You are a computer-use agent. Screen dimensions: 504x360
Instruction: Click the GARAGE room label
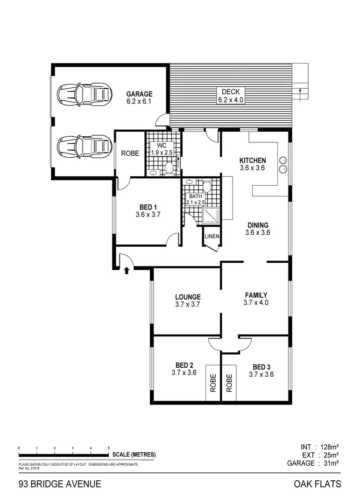click(139, 94)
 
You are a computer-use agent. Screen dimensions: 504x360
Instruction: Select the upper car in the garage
click(85, 95)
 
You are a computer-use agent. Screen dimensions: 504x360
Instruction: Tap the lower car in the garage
click(85, 147)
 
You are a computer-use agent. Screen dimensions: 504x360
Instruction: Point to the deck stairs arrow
click(299, 90)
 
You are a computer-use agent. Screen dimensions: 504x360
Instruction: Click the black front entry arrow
click(127, 270)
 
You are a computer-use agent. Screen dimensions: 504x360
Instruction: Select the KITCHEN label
click(252, 161)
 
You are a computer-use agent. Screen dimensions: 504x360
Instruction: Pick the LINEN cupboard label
click(212, 237)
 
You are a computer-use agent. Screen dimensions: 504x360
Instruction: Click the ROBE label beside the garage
click(130, 153)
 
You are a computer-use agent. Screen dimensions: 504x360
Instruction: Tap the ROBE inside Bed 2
click(213, 383)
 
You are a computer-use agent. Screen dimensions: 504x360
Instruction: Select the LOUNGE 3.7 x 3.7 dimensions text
click(188, 304)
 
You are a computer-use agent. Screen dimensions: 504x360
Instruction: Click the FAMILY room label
click(256, 295)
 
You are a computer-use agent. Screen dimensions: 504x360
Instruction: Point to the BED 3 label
click(261, 367)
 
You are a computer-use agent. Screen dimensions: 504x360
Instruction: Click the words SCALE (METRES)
click(134, 455)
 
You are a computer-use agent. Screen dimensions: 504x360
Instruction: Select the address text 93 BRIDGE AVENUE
click(60, 484)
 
